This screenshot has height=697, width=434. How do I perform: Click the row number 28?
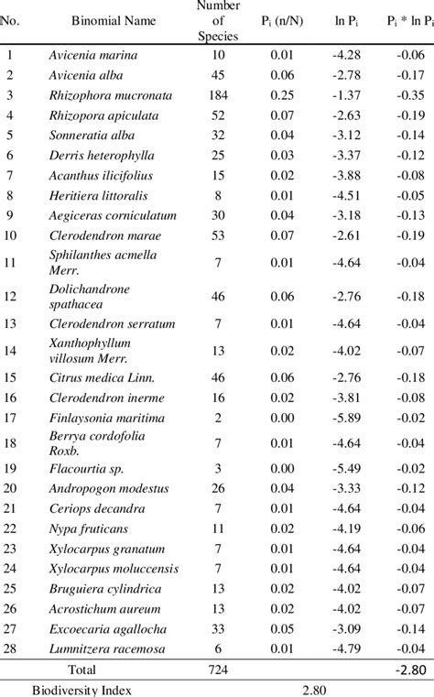(x=12, y=648)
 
